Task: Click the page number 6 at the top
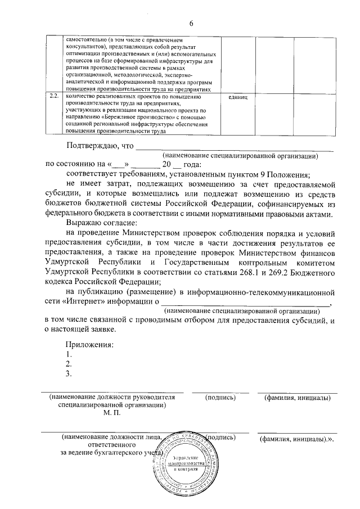191,23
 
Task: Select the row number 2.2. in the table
54,97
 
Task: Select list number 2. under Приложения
69,364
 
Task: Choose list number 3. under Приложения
69,373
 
